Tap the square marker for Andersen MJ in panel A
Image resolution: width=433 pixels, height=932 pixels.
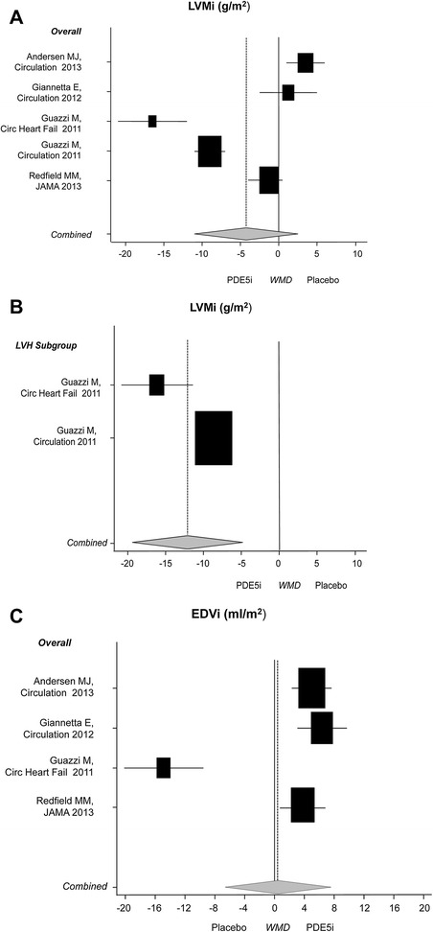[x=306, y=63]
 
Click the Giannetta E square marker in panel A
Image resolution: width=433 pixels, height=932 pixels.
[x=288, y=92]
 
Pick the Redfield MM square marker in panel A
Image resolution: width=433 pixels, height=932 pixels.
[x=269, y=180]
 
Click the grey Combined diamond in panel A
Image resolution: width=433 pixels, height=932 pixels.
[x=246, y=233]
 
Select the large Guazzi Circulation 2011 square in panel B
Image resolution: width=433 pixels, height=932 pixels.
[x=214, y=438]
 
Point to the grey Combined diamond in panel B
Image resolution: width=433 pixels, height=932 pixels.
[x=188, y=542]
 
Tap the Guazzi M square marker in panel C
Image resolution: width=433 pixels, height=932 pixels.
[x=164, y=767]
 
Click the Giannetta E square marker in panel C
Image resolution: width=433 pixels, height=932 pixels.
[x=322, y=728]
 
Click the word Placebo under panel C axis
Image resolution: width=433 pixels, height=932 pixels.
[x=230, y=927]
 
